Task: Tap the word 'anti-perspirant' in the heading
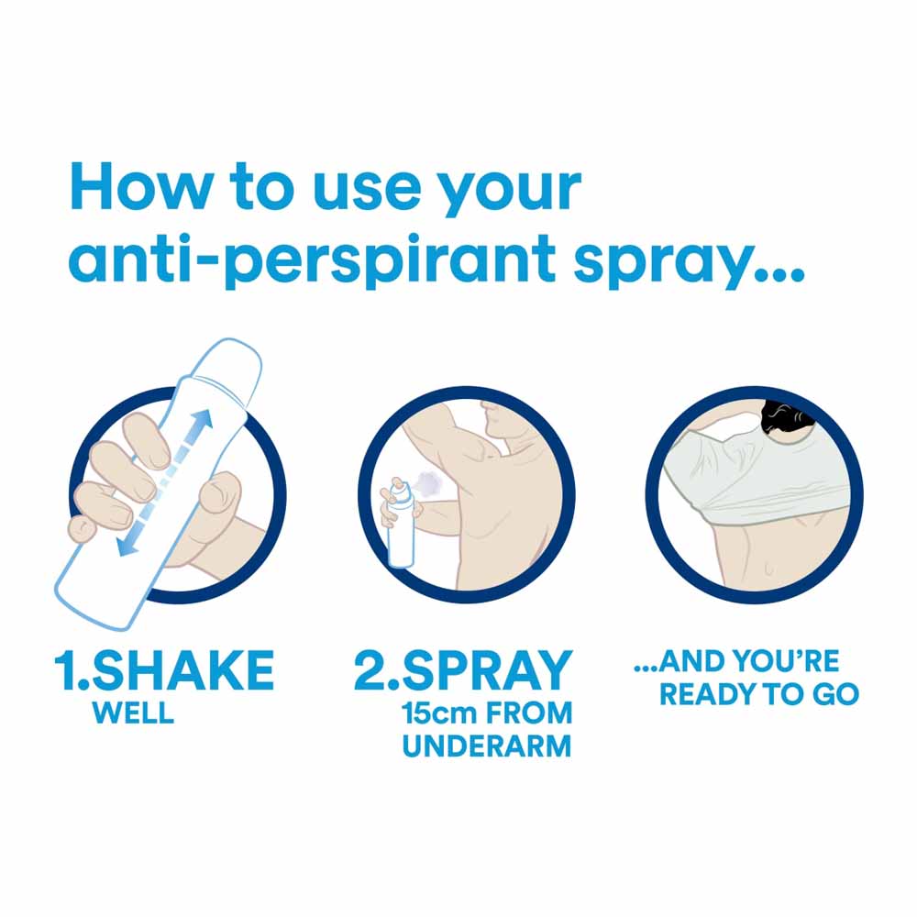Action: tap(312, 260)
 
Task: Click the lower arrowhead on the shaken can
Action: tap(127, 545)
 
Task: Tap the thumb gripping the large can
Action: tap(217, 497)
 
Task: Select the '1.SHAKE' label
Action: tap(164, 670)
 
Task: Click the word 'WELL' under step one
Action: tap(133, 713)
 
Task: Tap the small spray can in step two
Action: tap(400, 524)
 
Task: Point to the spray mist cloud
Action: tap(429, 482)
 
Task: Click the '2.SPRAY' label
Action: tap(463, 670)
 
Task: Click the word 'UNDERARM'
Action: tap(487, 746)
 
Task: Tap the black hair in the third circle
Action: tap(785, 417)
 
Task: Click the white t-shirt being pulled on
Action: tap(755, 475)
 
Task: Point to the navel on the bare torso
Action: tap(768, 568)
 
